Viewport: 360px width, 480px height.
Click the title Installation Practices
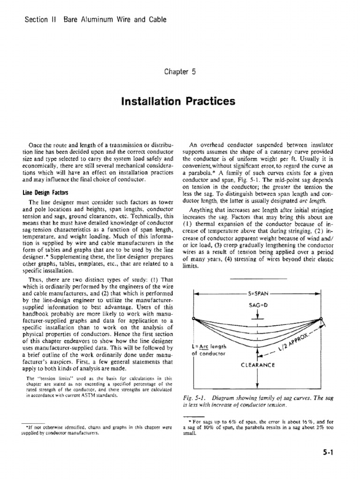180,101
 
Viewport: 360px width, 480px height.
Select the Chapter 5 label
180,72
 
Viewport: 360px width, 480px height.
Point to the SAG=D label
257,305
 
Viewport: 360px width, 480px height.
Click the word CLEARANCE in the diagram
257,365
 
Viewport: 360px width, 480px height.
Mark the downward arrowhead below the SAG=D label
257,316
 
